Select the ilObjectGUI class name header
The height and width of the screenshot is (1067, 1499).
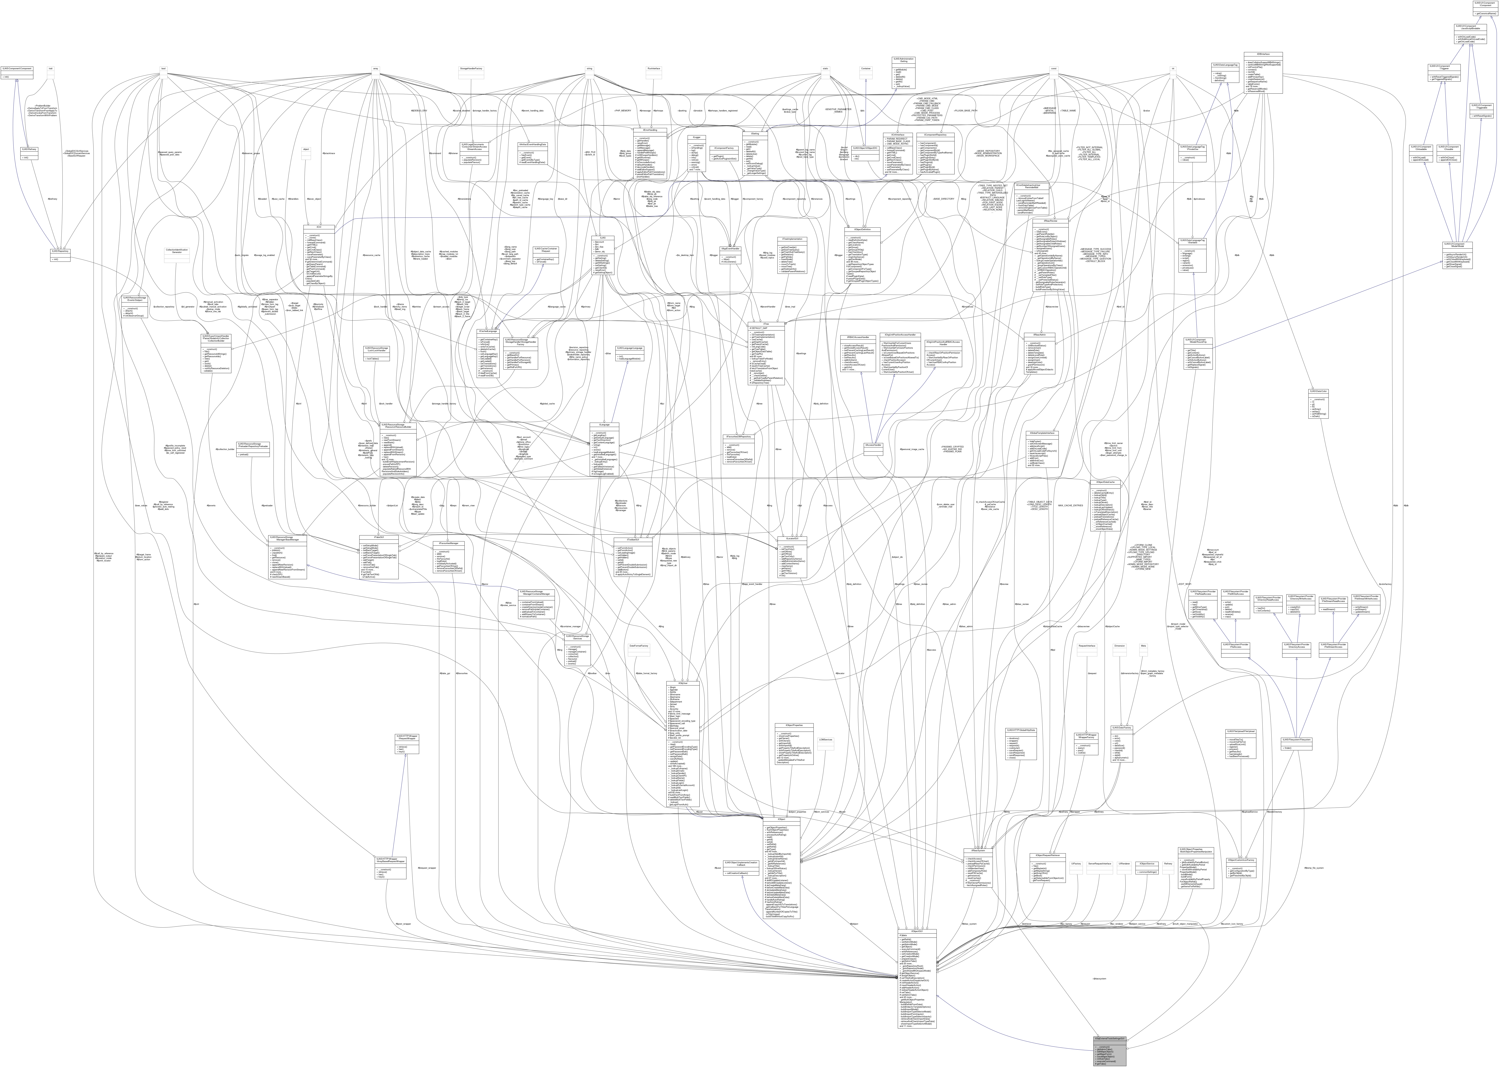pos(918,932)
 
